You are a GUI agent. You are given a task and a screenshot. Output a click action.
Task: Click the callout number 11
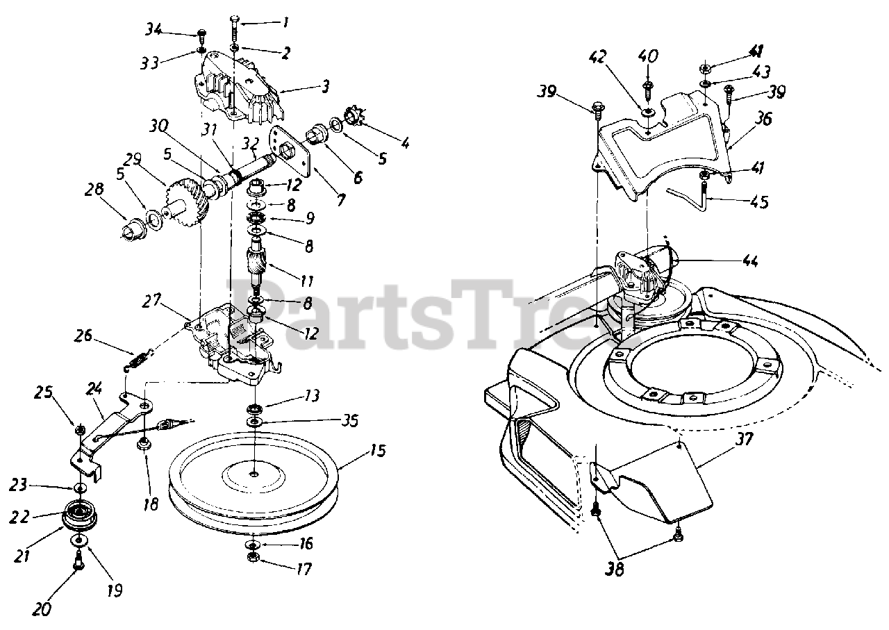coord(306,281)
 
